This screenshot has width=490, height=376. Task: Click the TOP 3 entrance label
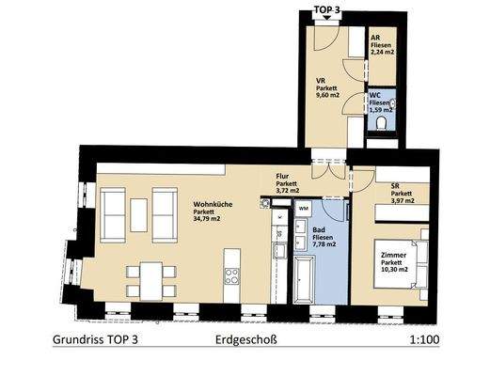[327, 9]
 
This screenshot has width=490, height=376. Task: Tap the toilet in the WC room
[382, 123]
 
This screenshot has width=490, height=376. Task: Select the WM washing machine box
[303, 209]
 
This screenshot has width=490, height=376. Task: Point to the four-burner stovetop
[231, 276]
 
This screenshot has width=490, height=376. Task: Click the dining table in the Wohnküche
[151, 281]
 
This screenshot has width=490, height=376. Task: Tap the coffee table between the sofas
[138, 215]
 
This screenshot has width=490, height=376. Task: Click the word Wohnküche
[213, 204]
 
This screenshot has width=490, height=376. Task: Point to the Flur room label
[282, 177]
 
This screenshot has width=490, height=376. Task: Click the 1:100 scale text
[424, 339]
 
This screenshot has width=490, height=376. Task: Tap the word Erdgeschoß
[246, 340]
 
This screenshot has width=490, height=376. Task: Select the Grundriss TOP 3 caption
[95, 340]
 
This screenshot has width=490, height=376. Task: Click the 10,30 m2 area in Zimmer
[394, 269]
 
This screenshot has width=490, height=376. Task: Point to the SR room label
[395, 186]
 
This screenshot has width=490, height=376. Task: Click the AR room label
[375, 38]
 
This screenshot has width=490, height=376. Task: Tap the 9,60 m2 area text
[328, 95]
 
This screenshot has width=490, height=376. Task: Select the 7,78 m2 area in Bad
[324, 244]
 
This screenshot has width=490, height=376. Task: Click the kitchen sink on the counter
[279, 251]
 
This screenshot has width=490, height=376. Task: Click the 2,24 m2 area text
[383, 53]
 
